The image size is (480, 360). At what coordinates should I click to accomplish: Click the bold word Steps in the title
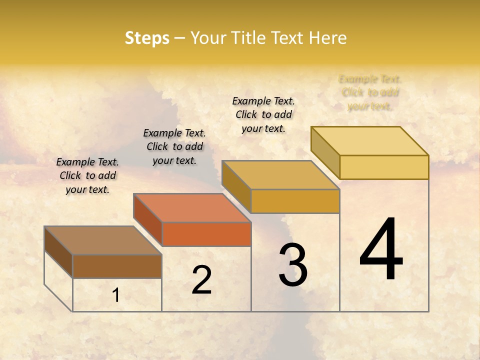(147, 38)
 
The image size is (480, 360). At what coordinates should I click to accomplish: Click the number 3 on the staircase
(292, 265)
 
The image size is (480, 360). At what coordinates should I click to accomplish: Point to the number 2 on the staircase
(201, 280)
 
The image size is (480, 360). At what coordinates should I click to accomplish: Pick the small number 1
(116, 295)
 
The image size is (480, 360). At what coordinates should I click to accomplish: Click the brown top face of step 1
(102, 240)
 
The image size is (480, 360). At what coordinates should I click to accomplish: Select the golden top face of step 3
(280, 175)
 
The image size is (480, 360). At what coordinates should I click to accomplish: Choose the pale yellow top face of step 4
(369, 141)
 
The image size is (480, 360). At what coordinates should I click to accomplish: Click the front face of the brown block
(117, 266)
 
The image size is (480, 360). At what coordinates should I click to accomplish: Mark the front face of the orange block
(206, 234)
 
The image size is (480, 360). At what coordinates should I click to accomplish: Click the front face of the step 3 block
(295, 201)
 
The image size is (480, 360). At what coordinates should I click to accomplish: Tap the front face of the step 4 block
(384, 167)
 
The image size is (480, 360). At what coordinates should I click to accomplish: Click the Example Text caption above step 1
(87, 175)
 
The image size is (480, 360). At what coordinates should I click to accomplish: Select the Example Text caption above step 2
(174, 146)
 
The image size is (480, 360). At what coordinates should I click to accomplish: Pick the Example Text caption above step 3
(263, 114)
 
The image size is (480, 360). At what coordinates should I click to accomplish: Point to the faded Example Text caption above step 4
(370, 92)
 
